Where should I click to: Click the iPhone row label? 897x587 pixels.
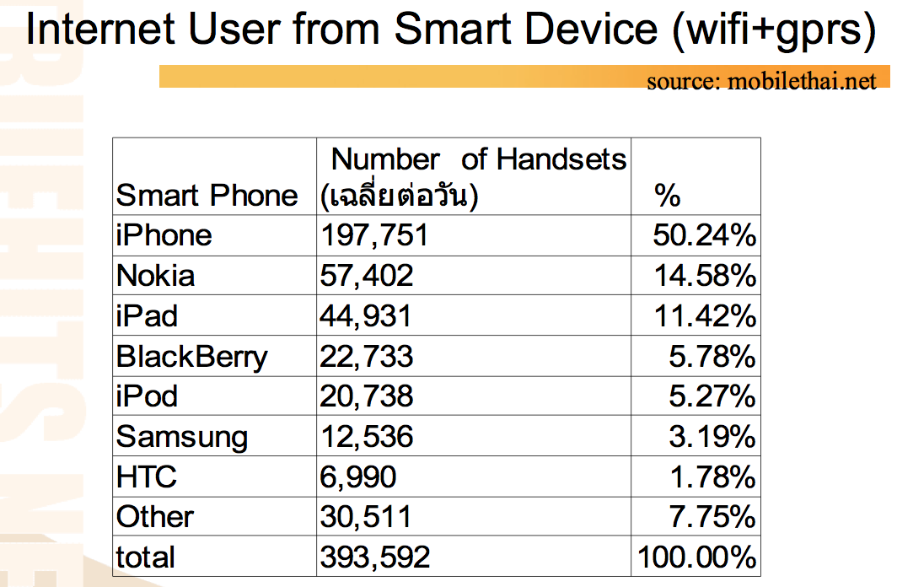pos(164,235)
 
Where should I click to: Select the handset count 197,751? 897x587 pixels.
pos(374,235)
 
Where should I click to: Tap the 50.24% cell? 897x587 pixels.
pos(704,235)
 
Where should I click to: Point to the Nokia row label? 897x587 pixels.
pos(156,276)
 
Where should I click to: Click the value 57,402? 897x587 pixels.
pos(366,276)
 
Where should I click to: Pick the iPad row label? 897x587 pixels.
pos(147,315)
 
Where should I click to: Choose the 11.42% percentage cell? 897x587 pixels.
pos(705,315)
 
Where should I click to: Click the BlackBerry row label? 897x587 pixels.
pos(191,357)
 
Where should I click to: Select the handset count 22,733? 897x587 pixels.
pos(366,357)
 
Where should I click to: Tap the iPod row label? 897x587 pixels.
pos(147,396)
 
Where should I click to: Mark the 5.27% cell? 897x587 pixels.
pos(712,396)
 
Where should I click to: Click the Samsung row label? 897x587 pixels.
pos(182,438)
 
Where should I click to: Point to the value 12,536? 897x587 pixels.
pos(367,437)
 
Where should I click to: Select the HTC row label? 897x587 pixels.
pos(147,477)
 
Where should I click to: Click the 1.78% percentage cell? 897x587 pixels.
pos(713,477)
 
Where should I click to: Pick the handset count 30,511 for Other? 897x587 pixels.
pos(366,517)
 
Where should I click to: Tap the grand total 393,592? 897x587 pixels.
pos(374,557)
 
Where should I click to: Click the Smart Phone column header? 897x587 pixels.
pos(207,196)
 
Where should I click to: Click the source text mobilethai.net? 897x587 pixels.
pos(802,81)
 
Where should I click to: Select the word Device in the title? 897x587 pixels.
pos(591,30)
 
